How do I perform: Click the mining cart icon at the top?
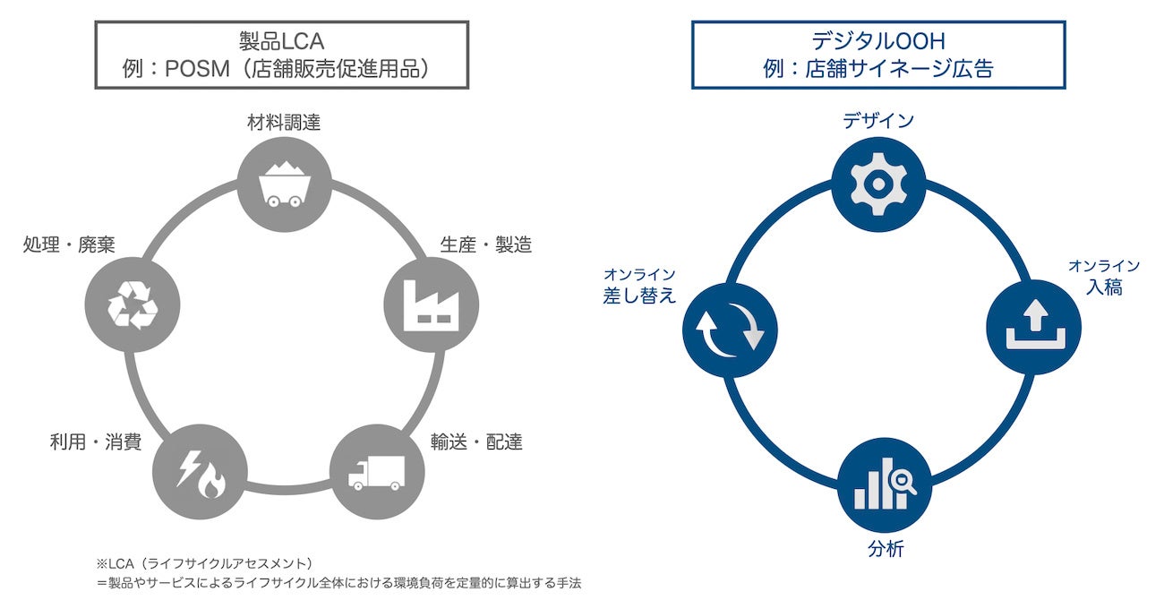[285, 184]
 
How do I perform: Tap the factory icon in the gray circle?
[430, 304]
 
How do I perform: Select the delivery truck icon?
[376, 472]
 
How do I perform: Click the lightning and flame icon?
[200, 475]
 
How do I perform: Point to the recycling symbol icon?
[132, 304]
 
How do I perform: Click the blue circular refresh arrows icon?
[730, 328]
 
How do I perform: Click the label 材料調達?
[284, 124]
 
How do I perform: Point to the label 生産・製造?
[486, 244]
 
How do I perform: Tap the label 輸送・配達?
[476, 441]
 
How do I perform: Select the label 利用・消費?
[96, 441]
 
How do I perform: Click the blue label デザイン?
[878, 120]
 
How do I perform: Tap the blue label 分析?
[885, 549]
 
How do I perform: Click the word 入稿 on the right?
[1103, 288]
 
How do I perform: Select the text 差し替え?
[639, 296]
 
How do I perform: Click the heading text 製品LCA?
[281, 40]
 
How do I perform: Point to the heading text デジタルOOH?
[877, 40]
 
